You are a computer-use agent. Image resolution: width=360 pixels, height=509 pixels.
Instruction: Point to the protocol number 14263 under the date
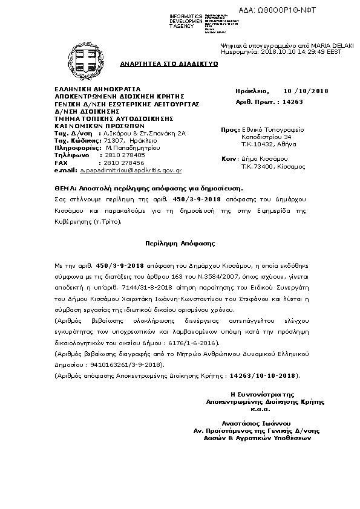tap(293, 102)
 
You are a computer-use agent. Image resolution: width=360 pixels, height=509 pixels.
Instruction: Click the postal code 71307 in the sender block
tap(114, 140)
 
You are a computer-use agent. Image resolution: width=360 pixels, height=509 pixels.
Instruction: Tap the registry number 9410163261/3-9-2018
tap(126, 365)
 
